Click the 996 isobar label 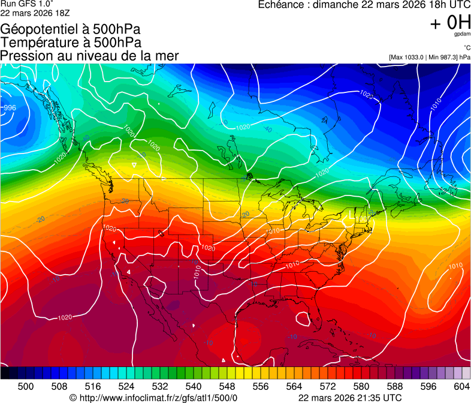[x=10, y=108]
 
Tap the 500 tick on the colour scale [x=26, y=386]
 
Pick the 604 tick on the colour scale [x=462, y=386]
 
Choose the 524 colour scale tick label [x=126, y=386]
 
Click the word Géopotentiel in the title [x=38, y=29]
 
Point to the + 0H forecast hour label [x=450, y=23]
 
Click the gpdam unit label [x=463, y=35]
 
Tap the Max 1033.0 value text [x=409, y=57]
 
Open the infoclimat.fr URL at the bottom [x=159, y=397]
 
